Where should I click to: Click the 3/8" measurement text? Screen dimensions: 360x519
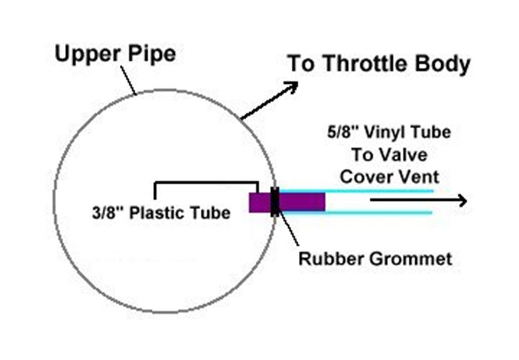tap(108, 213)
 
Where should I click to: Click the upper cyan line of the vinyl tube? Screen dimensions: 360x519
tap(383, 191)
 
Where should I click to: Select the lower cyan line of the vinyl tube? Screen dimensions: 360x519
tap(383, 212)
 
